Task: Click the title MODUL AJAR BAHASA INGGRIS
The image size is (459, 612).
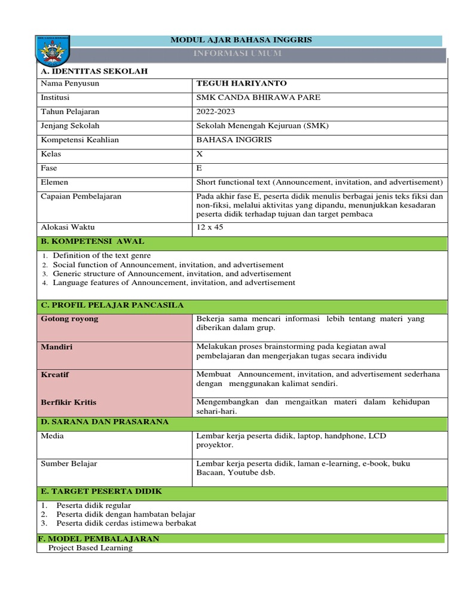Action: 241,40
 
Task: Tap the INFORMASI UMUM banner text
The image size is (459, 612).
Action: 238,54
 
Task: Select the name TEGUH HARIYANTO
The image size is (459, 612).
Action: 233,84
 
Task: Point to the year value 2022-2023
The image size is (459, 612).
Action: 216,112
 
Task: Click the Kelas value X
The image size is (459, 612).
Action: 200,154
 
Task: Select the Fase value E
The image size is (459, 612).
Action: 199,168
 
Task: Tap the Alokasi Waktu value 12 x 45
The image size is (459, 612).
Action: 210,227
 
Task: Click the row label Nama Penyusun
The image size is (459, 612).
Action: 69,84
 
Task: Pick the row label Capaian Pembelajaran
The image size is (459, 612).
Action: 80,196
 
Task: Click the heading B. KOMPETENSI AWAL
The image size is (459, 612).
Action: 92,241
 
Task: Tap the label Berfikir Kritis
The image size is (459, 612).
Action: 68,403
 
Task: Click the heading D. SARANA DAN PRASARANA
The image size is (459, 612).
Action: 105,422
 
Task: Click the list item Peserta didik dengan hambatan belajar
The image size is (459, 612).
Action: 126,514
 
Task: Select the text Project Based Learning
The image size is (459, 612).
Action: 90,547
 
